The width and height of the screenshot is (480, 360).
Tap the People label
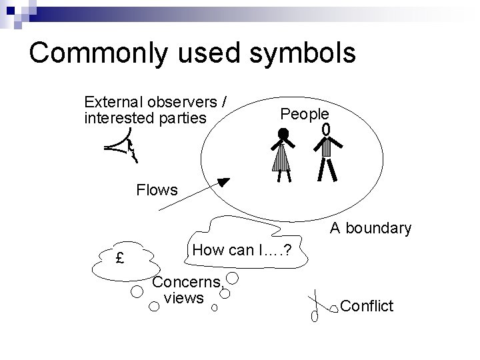(304, 114)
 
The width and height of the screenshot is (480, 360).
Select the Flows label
(157, 190)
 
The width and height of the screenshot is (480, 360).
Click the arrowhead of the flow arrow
(223, 181)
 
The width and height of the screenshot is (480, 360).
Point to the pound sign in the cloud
(119, 258)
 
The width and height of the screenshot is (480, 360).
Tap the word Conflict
(367, 306)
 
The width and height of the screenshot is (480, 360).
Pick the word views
(183, 298)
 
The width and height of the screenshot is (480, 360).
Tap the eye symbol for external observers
(123, 147)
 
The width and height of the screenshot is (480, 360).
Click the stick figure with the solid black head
(284, 154)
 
